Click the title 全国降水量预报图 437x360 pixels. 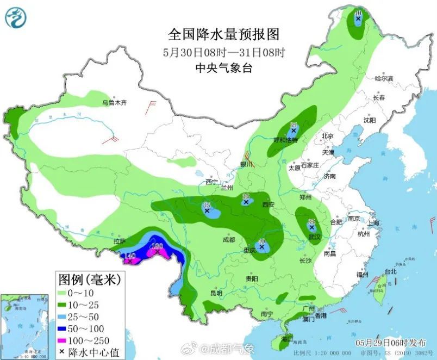click(x=223, y=35)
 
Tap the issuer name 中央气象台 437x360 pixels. click(x=223, y=68)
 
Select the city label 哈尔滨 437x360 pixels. click(x=384, y=79)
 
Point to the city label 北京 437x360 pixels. click(x=327, y=136)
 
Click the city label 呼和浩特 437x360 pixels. click(x=285, y=140)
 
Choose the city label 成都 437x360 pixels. click(x=229, y=240)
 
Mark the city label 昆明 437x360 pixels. click(x=216, y=293)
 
